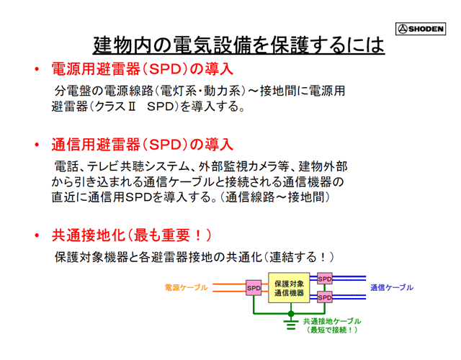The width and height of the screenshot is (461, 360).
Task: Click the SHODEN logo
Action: (x=421, y=29)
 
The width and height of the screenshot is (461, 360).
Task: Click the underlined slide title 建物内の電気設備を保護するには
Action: (x=238, y=45)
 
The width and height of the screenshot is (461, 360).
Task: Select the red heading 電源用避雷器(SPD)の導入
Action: (x=143, y=69)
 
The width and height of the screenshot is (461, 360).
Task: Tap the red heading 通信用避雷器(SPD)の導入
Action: (x=143, y=145)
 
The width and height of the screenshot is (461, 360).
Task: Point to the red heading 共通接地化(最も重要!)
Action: (x=132, y=235)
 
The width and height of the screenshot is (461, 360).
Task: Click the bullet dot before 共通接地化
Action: (x=37, y=235)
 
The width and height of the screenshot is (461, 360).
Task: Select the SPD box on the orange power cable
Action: (x=254, y=288)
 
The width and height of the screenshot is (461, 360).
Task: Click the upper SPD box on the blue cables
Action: (x=325, y=279)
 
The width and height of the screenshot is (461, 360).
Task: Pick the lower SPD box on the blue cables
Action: (x=325, y=297)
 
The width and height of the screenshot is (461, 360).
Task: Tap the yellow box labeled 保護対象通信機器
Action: (x=289, y=288)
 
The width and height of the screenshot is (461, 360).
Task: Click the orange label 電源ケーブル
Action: (x=186, y=287)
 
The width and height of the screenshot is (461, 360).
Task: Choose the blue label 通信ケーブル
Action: (x=392, y=287)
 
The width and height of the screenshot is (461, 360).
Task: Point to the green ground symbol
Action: (x=291, y=325)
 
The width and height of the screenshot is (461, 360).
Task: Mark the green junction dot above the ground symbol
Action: (x=291, y=314)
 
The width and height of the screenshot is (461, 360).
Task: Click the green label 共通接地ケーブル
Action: (x=332, y=321)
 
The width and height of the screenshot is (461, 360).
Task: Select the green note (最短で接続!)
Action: (x=332, y=330)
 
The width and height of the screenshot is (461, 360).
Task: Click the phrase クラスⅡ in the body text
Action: (x=115, y=107)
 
